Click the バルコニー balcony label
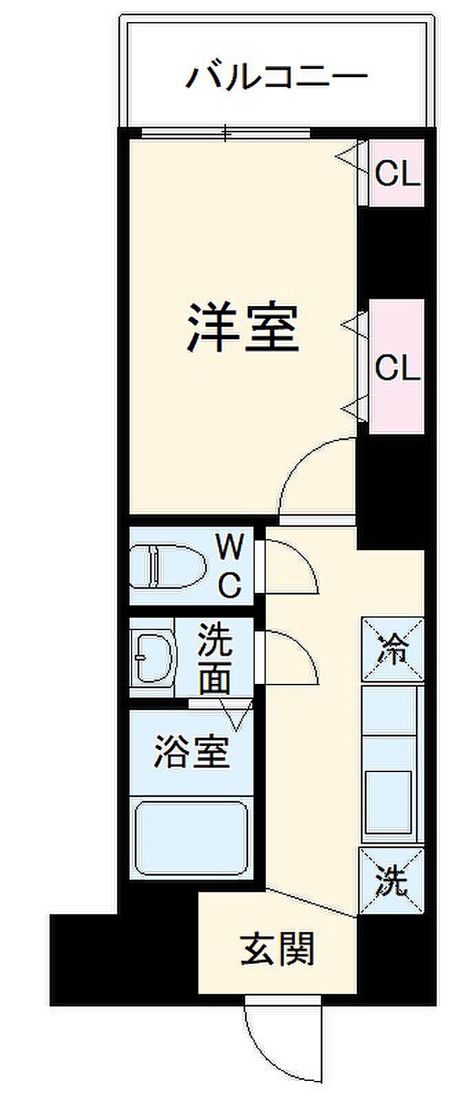coord(276,76)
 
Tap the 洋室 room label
coord(243,328)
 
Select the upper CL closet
coord(396,173)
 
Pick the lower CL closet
coord(396,367)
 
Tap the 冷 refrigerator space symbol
coord(392,650)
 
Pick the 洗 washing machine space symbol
coord(391,882)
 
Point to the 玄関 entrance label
coord(278,949)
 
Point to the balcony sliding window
coord(226,133)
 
